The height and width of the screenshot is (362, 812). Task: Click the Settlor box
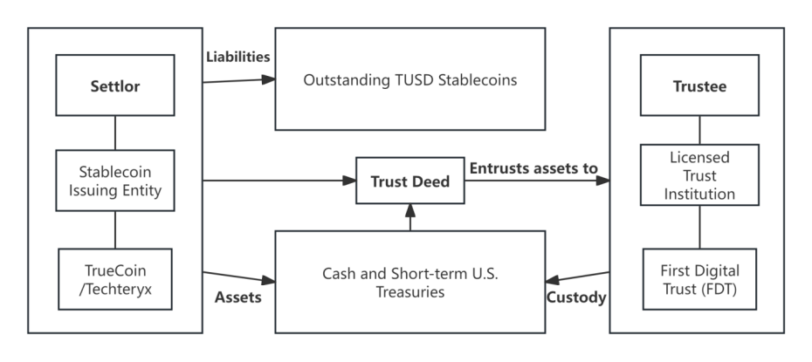click(x=115, y=85)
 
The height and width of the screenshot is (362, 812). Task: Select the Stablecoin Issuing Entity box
click(x=115, y=181)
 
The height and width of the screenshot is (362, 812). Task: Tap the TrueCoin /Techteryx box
click(x=115, y=279)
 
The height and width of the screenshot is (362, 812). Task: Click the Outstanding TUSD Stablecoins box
click(x=410, y=79)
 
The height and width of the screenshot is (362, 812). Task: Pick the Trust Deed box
click(x=410, y=181)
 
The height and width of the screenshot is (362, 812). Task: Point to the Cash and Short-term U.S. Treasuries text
click(x=410, y=283)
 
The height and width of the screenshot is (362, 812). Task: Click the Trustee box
click(x=699, y=85)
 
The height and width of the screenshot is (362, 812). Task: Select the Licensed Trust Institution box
click(x=699, y=175)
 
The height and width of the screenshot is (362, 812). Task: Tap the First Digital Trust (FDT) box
click(x=699, y=279)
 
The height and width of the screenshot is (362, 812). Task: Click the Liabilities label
click(x=238, y=57)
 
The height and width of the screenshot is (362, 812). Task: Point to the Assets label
click(x=238, y=297)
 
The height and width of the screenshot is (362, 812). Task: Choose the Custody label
click(x=576, y=297)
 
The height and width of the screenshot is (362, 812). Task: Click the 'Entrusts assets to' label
click(x=533, y=168)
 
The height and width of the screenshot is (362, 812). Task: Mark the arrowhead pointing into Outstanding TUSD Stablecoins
click(x=268, y=79)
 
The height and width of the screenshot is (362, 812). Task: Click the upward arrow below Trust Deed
click(x=410, y=217)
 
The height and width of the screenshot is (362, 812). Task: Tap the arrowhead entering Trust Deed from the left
click(x=349, y=181)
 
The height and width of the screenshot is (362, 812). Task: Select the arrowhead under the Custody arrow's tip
click(x=553, y=280)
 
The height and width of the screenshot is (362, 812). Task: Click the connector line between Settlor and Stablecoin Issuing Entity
click(x=115, y=133)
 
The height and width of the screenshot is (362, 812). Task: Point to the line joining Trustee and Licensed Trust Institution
click(x=699, y=130)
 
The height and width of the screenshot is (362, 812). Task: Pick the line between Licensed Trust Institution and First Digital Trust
click(x=699, y=227)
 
